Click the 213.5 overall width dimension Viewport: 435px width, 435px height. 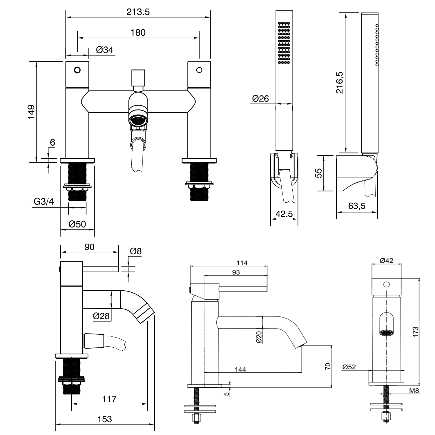(x=138, y=12)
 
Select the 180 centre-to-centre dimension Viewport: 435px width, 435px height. (x=138, y=32)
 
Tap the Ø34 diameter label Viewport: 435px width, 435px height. (x=104, y=50)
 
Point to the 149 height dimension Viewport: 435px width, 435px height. (x=31, y=112)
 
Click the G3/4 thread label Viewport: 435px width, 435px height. (x=44, y=202)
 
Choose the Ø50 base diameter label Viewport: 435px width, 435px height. (x=77, y=224)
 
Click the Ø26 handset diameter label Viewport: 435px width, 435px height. (x=260, y=99)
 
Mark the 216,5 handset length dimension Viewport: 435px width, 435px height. (x=340, y=83)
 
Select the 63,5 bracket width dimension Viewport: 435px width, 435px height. (x=357, y=206)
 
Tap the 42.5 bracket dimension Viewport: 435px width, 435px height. (x=284, y=214)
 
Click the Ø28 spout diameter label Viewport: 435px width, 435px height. (x=101, y=316)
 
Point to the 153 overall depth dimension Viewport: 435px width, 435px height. (x=104, y=419)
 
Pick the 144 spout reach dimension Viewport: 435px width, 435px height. (x=240, y=369)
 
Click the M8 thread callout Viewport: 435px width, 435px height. (x=414, y=391)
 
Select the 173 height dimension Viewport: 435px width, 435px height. (x=416, y=331)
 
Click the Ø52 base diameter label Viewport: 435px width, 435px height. (x=349, y=367)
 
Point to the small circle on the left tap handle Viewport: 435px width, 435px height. (x=77, y=70)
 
